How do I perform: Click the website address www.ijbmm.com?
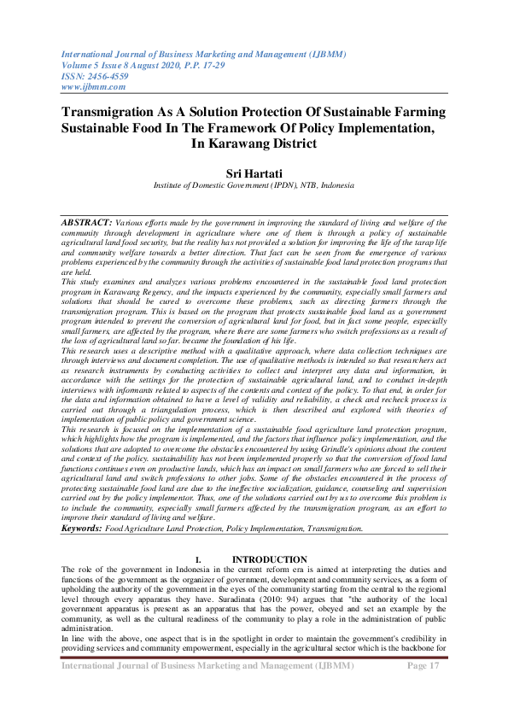93,86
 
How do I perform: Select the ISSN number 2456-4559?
108,75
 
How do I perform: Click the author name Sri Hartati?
254,173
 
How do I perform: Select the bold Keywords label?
81,529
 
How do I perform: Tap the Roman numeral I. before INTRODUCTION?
198,559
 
